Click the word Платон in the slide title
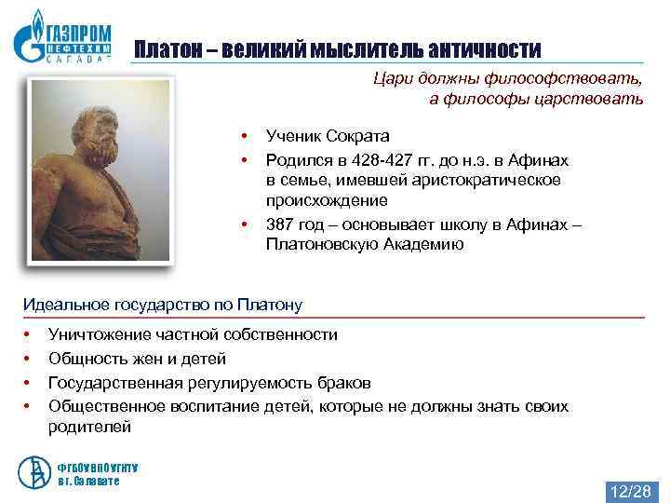point(166,48)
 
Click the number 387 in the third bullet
point(280,224)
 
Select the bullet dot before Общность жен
point(28,359)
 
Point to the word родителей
point(89,428)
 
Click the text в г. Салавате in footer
point(88,482)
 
